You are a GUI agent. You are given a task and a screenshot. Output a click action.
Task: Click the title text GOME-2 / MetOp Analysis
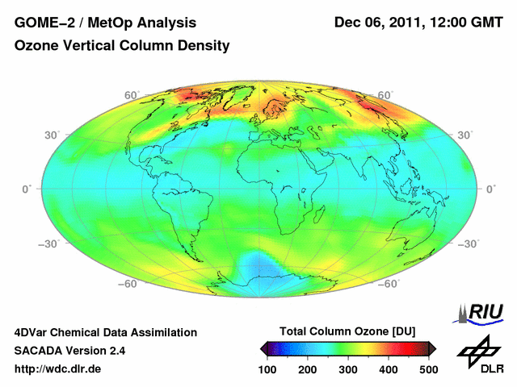(x=104, y=22)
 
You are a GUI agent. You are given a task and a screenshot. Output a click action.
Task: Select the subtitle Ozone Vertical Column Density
(x=122, y=46)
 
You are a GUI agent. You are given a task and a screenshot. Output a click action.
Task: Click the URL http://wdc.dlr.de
(x=58, y=369)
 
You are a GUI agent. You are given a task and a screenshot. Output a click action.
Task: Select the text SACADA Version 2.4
(x=69, y=351)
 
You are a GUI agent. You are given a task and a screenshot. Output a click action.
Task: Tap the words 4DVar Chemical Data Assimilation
(x=105, y=332)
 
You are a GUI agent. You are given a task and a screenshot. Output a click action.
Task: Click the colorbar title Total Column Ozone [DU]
(x=347, y=332)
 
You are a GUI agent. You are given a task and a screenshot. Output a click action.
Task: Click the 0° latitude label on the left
(x=27, y=189)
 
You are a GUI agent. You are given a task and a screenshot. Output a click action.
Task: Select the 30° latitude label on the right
(x=465, y=135)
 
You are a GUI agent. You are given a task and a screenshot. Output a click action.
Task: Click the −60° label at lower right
(x=389, y=284)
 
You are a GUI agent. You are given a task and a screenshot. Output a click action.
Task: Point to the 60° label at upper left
(x=132, y=95)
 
